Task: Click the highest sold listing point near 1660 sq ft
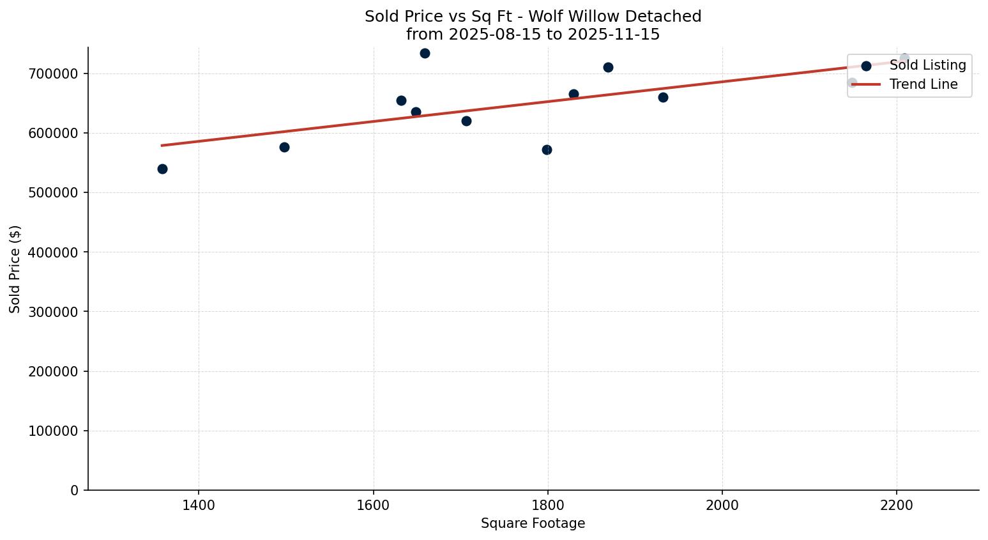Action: [425, 53]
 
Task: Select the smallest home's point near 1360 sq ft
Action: [162, 169]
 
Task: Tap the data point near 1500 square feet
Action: [284, 147]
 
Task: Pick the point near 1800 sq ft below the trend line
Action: [547, 150]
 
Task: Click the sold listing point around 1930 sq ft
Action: [663, 97]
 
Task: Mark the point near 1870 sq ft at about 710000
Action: [608, 67]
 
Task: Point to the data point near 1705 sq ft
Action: [466, 121]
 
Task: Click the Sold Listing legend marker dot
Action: [866, 66]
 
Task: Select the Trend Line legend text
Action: [923, 84]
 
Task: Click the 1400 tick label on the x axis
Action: [199, 505]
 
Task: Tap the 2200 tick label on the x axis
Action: [897, 505]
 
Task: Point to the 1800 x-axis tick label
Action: [547, 505]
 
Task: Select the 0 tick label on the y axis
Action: [75, 490]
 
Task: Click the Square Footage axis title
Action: [533, 524]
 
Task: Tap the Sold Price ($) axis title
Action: [15, 268]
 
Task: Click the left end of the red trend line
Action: [162, 145]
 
